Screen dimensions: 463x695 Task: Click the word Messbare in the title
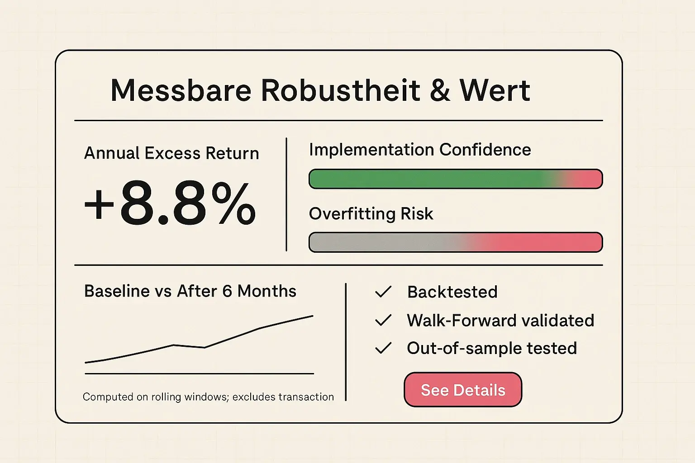click(181, 90)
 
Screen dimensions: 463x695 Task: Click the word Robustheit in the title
click(340, 90)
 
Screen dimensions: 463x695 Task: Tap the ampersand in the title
click(440, 90)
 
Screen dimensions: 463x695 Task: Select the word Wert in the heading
click(495, 90)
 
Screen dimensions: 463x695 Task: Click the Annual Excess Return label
click(171, 153)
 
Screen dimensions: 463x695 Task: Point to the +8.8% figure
click(170, 203)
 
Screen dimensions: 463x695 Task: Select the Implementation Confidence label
click(420, 150)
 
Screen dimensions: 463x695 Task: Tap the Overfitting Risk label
click(371, 213)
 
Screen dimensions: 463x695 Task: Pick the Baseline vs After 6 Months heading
click(190, 291)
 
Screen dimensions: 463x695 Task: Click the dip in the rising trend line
click(205, 347)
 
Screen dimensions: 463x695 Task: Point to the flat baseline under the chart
click(199, 373)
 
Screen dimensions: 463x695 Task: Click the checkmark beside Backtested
click(383, 292)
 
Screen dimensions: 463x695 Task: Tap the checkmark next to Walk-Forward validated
click(383, 321)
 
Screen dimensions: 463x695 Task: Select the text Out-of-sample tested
click(491, 348)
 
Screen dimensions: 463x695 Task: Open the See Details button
click(462, 390)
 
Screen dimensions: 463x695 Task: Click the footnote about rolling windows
click(208, 397)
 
